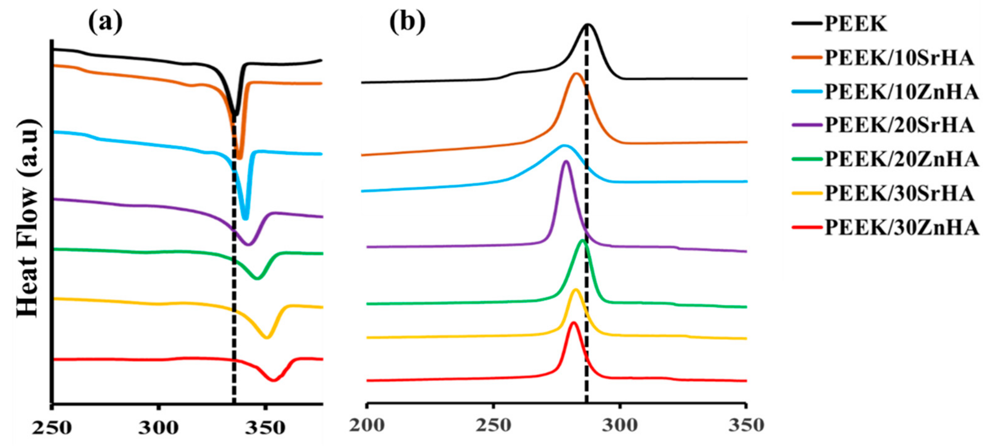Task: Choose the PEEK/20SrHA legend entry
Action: point(899,125)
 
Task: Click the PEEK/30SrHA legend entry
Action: point(899,193)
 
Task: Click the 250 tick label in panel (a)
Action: point(52,427)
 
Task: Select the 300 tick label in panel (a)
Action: point(158,427)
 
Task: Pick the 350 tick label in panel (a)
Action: point(265,427)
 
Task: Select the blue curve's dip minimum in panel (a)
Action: point(246,218)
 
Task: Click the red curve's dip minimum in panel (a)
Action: point(274,380)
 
